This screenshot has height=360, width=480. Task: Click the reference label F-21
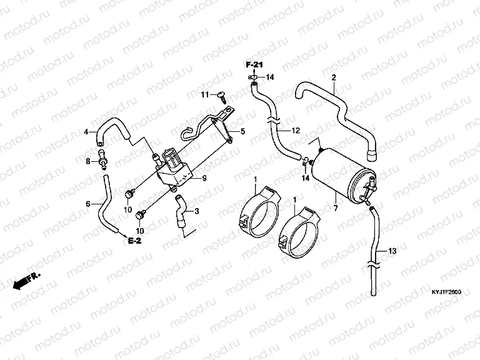point(254,66)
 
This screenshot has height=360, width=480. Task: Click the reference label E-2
point(135,241)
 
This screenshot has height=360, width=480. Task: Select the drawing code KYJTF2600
point(445,292)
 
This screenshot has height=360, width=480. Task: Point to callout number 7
point(335,207)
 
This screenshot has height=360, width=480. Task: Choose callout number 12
point(296,130)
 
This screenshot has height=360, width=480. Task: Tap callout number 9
point(203,177)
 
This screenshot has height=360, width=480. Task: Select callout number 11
point(204,94)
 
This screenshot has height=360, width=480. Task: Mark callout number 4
point(86,131)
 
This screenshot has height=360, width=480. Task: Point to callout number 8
point(87,161)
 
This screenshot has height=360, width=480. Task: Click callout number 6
point(87,203)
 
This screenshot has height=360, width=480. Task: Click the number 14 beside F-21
point(271,77)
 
